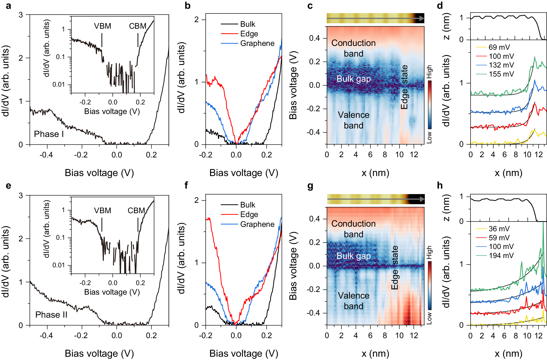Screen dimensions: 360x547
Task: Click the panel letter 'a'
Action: pyautogui.click(x=8, y=5)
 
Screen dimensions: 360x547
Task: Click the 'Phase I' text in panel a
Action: pyautogui.click(x=49, y=134)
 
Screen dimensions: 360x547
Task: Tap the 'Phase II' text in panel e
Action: pyautogui.click(x=51, y=315)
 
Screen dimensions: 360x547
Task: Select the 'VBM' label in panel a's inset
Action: pyautogui.click(x=103, y=26)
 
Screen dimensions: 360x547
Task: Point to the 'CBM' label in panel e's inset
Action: pyautogui.click(x=136, y=210)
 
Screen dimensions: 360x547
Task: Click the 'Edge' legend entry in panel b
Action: pyautogui.click(x=249, y=34)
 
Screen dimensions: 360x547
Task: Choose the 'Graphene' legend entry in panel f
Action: pyautogui.click(x=257, y=224)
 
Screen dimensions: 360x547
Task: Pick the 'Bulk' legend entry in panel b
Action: pyautogui.click(x=247, y=24)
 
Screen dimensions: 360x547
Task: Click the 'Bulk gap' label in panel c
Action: pyautogui.click(x=353, y=79)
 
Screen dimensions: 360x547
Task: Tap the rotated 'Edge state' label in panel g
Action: pyautogui.click(x=394, y=268)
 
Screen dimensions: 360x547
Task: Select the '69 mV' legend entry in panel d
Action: pyautogui.click(x=499, y=47)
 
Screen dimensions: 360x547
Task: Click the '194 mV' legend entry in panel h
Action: pyautogui.click(x=501, y=256)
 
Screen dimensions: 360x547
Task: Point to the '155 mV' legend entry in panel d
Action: pyautogui.click(x=501, y=74)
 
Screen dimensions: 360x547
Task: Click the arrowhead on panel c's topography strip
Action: pyautogui.click(x=421, y=18)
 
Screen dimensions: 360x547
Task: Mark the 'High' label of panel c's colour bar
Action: pyautogui.click(x=429, y=72)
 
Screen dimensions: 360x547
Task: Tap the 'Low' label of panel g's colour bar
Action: pyautogui.click(x=429, y=318)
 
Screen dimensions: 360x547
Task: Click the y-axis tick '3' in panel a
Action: pyautogui.click(x=21, y=14)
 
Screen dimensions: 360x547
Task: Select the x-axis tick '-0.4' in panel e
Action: pyautogui.click(x=46, y=335)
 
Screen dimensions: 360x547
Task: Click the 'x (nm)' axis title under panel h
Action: pyautogui.click(x=508, y=353)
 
